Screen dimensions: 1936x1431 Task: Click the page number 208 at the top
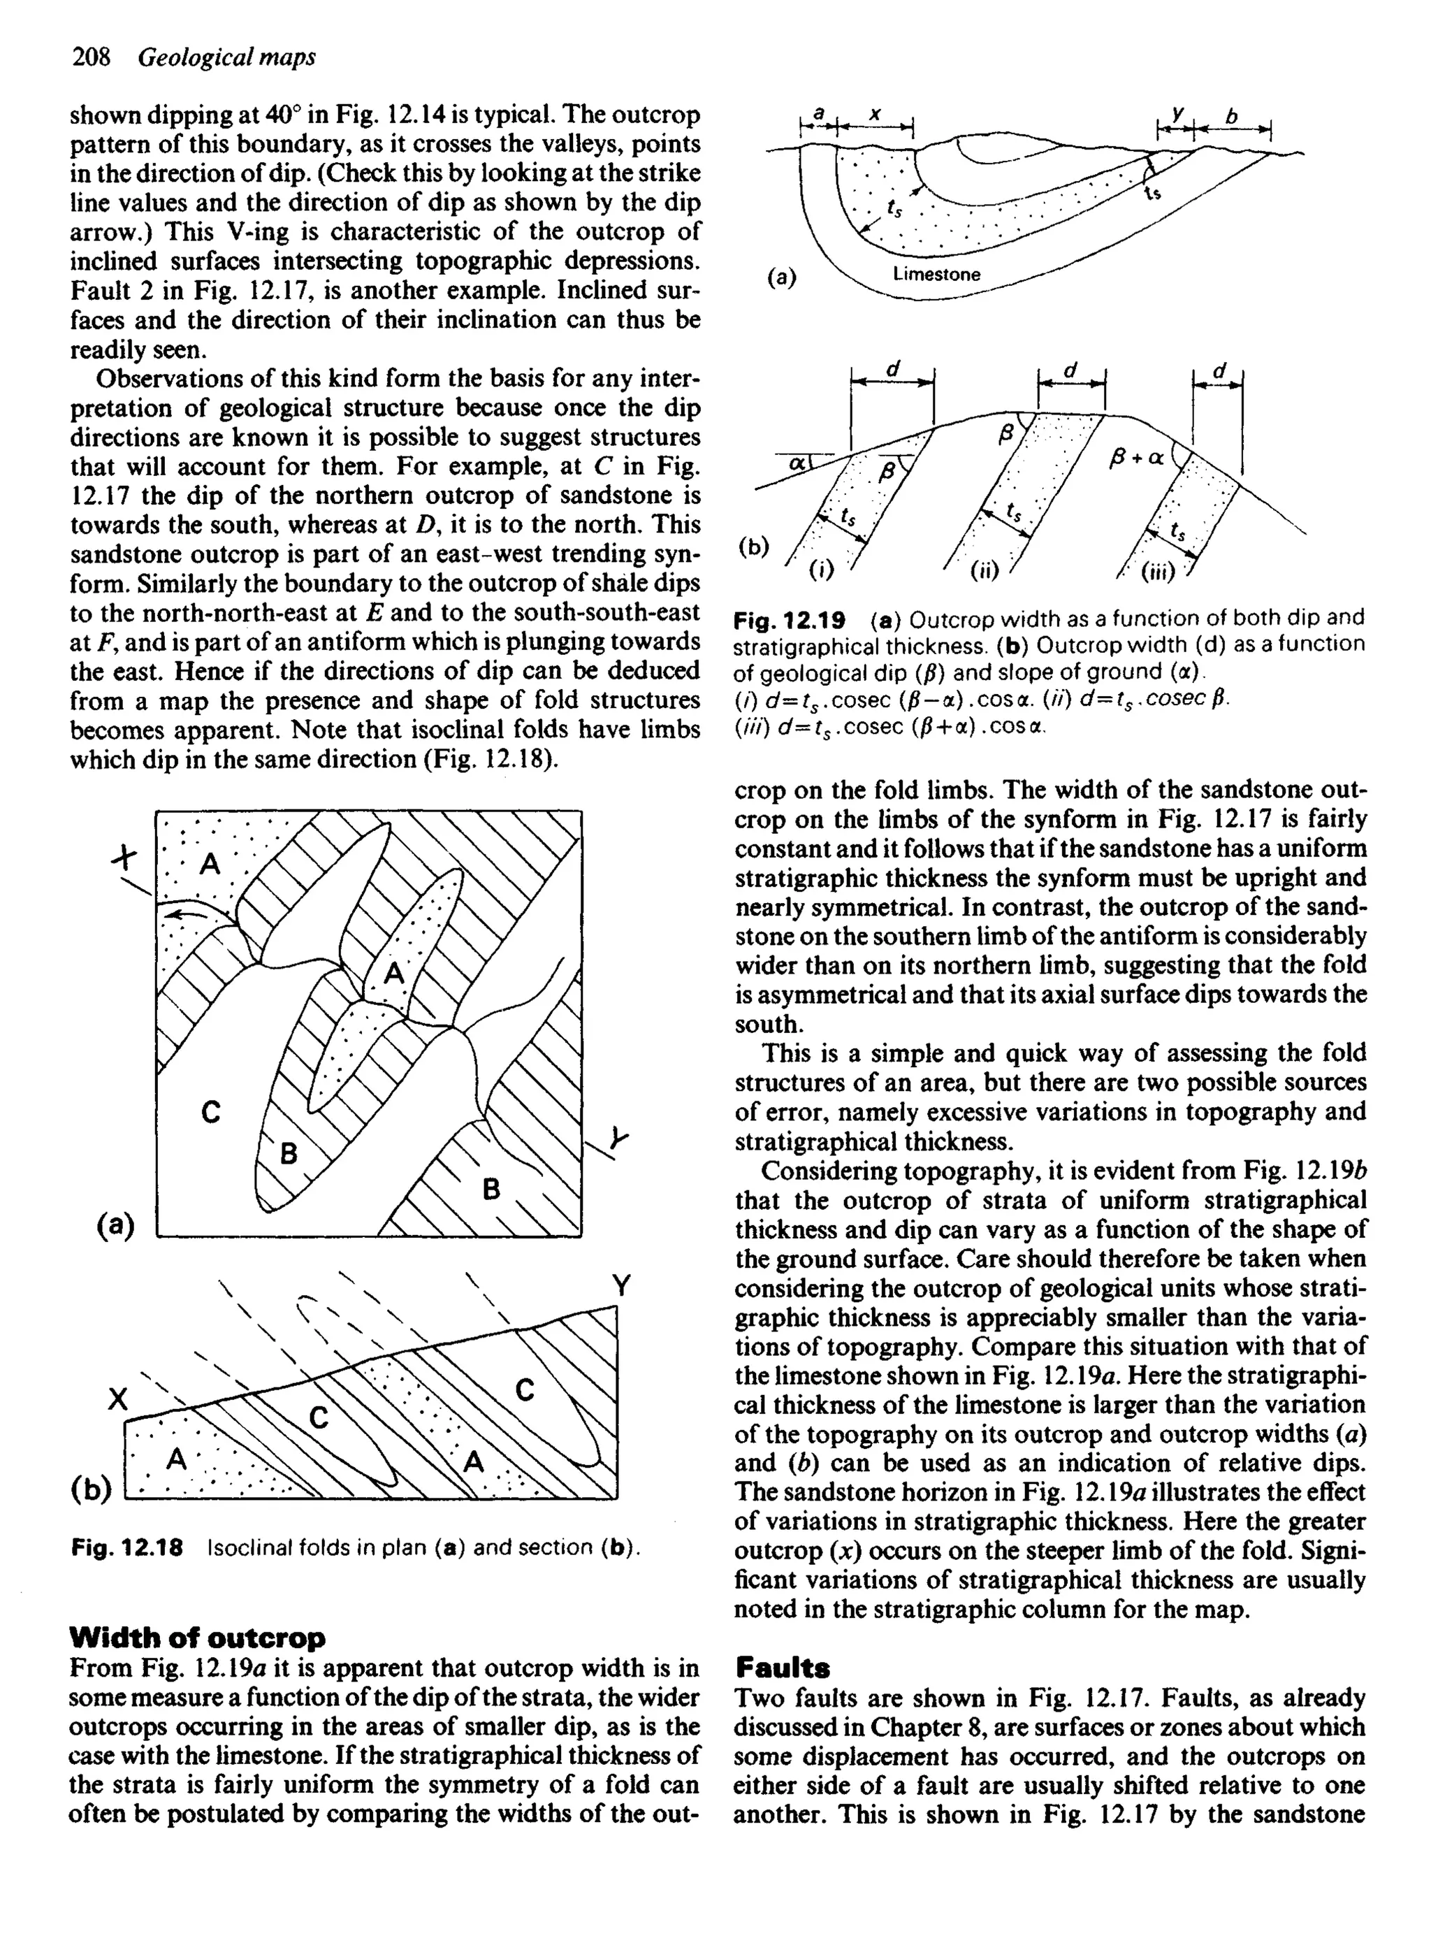pos(91,57)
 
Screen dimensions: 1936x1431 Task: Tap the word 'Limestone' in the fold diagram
pos(936,275)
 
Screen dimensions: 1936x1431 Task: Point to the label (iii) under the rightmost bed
pos(1158,572)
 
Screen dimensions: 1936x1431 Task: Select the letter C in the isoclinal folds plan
pos(210,1111)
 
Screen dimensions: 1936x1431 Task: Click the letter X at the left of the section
pos(117,1398)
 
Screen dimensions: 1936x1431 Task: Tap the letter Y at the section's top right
pos(620,1285)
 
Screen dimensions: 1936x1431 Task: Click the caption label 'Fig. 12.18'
pos(126,1548)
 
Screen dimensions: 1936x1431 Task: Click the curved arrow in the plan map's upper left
pos(188,913)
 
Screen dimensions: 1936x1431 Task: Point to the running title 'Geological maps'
pos(227,57)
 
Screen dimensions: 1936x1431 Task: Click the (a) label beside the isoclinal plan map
pos(115,1224)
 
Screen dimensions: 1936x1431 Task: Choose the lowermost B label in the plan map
pos(491,1190)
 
